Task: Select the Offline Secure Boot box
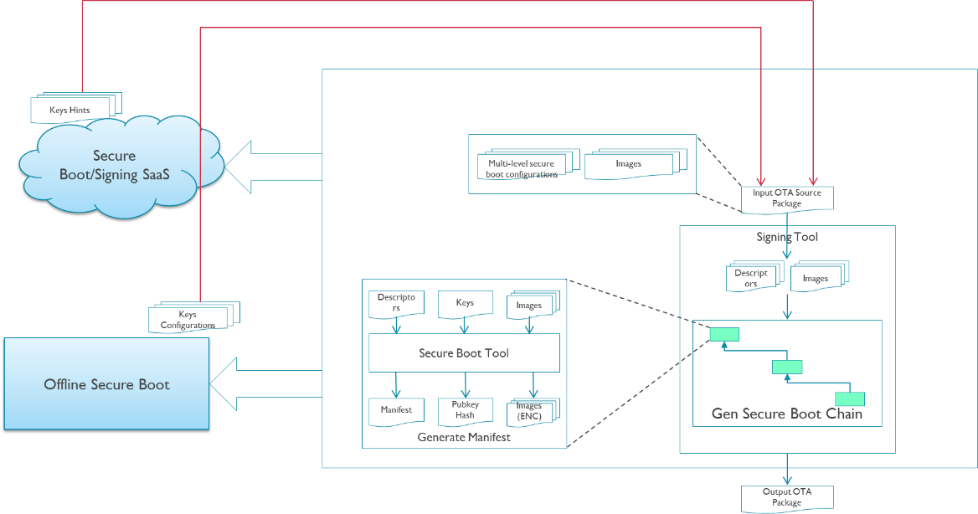(x=106, y=384)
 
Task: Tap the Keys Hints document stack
(x=75, y=108)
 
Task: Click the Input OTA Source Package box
(x=786, y=198)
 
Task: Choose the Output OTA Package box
(x=786, y=497)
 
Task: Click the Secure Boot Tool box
(x=464, y=353)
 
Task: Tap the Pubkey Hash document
(x=465, y=410)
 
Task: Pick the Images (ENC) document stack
(x=530, y=411)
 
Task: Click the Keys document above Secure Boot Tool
(x=465, y=304)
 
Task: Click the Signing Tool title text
(x=787, y=237)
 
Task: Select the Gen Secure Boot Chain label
(x=786, y=414)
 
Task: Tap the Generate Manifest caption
(x=464, y=437)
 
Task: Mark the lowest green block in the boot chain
(x=849, y=399)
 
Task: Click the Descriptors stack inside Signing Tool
(x=752, y=277)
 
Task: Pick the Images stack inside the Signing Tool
(x=817, y=277)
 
